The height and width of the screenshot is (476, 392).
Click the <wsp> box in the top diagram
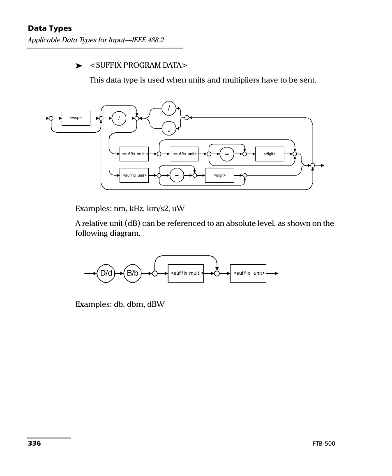tap(76, 118)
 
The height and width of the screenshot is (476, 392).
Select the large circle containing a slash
tap(169, 109)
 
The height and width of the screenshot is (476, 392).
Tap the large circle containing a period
tap(169, 129)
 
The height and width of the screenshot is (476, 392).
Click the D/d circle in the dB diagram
tap(106, 273)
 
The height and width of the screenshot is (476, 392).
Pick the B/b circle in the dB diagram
tap(133, 273)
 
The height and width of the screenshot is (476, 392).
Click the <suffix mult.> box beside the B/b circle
tap(186, 273)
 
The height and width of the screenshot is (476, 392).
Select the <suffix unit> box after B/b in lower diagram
tap(248, 273)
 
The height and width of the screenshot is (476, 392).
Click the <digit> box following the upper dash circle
tap(270, 154)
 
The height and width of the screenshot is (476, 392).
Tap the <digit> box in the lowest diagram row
tap(219, 175)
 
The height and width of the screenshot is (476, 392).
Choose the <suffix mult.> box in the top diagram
tap(134, 154)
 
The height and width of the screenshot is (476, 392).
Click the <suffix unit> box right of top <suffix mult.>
tap(184, 154)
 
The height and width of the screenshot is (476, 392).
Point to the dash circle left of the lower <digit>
tap(177, 175)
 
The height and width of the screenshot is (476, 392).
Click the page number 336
tap(34, 444)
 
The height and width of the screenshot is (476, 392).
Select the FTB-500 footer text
tap(324, 444)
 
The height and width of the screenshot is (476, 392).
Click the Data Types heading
tap(50, 28)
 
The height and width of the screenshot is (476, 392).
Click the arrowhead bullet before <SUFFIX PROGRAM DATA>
tap(79, 66)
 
